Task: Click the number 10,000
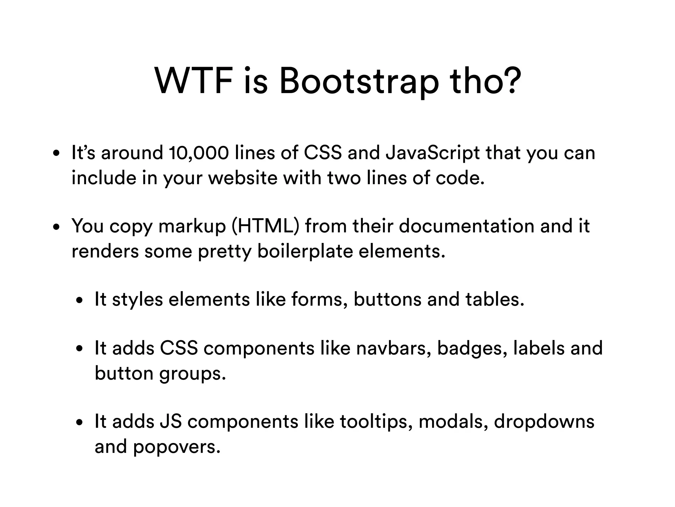click(x=198, y=153)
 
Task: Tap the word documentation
click(x=467, y=226)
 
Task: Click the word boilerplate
click(x=305, y=252)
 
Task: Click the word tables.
click(x=495, y=299)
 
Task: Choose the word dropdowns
click(x=544, y=422)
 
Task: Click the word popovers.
click(x=177, y=447)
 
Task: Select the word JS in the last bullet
click(x=170, y=422)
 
